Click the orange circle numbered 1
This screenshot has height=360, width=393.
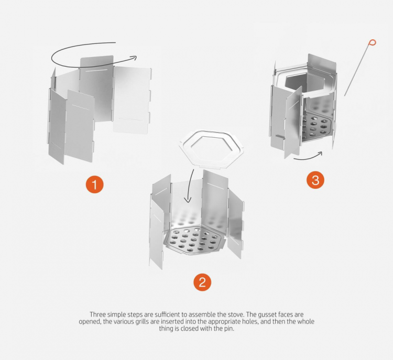95,184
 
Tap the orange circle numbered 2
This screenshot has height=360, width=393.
202,282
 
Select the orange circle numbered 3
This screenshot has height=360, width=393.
315,180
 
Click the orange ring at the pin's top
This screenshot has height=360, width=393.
373,42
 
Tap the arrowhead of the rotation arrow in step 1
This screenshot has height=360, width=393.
134,58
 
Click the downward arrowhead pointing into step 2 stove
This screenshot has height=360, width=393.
188,199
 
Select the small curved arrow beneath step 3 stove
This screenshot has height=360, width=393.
308,157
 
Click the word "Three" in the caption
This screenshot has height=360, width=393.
98,314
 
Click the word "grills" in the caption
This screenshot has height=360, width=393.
143,322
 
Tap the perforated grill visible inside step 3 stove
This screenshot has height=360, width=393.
316,124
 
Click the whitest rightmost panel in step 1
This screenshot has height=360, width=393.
132,100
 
